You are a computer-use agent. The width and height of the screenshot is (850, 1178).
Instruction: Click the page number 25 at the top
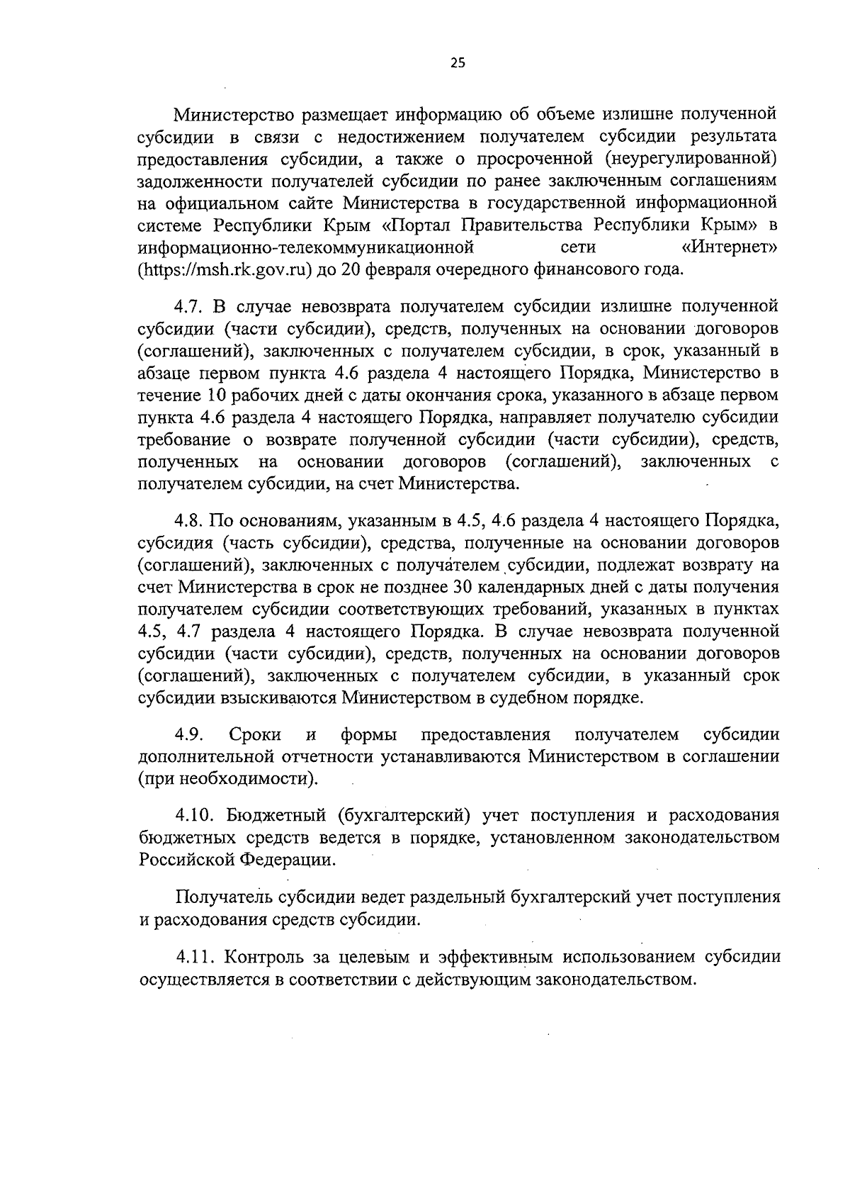[458, 63]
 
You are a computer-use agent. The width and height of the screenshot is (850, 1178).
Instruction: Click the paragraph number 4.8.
[189, 521]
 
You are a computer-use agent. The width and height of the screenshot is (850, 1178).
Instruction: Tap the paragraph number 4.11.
[193, 958]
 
